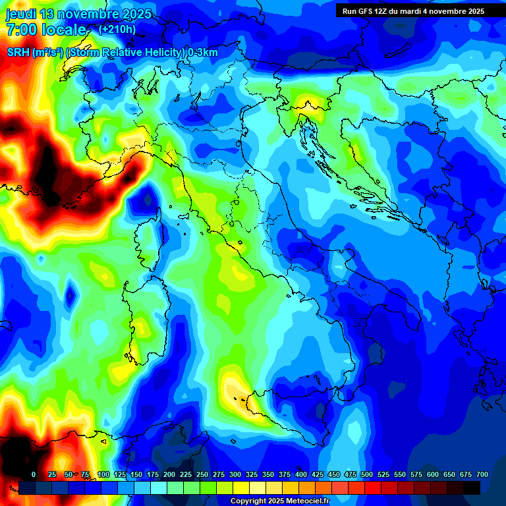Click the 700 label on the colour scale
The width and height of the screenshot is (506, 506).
pyautogui.click(x=482, y=474)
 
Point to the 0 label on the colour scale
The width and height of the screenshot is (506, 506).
pyautogui.click(x=34, y=474)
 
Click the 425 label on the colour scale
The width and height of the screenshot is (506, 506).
pyautogui.click(x=301, y=474)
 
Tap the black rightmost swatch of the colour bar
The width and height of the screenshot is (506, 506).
pyautogui.click(x=472, y=488)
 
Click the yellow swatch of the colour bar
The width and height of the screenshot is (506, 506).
pyautogui.click(x=241, y=488)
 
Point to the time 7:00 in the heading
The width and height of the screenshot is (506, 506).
pyautogui.click(x=22, y=30)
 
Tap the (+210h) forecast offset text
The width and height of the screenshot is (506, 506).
pyautogui.click(x=117, y=30)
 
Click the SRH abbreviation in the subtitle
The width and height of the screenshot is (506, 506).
pyautogui.click(x=18, y=53)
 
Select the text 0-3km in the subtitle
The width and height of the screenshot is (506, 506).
pyautogui.click(x=203, y=53)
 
